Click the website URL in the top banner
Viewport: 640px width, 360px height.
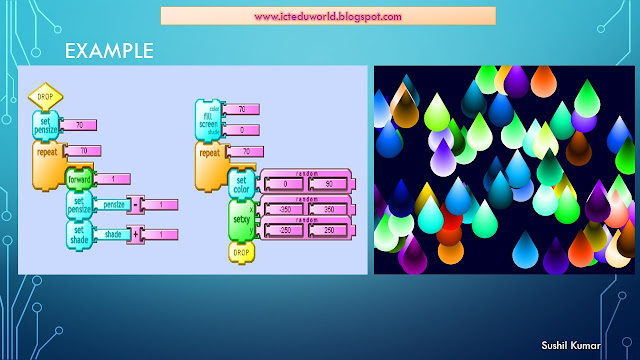click(x=328, y=16)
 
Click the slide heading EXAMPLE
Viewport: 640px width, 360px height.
click(x=109, y=51)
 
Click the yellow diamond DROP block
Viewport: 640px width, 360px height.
click(x=45, y=97)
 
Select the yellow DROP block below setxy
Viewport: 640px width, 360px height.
click(x=241, y=252)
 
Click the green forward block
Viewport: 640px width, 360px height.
click(x=79, y=180)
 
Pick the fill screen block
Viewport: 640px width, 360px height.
click(x=209, y=122)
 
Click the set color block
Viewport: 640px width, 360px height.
click(x=241, y=184)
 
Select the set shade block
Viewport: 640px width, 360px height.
click(x=79, y=234)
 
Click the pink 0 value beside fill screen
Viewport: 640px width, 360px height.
click(x=241, y=131)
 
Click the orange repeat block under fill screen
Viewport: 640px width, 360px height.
click(x=210, y=160)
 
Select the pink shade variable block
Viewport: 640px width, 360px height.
click(x=113, y=233)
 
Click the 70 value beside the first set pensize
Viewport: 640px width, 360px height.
click(x=80, y=125)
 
